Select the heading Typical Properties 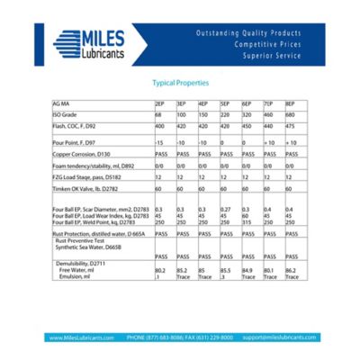[x=181, y=82]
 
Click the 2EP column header [x=159, y=104]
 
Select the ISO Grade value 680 [x=291, y=116]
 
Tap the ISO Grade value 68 [x=158, y=116]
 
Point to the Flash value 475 [x=291, y=128]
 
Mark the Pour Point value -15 [x=159, y=143]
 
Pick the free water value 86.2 [x=292, y=269]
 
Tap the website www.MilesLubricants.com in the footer [x=82, y=337]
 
